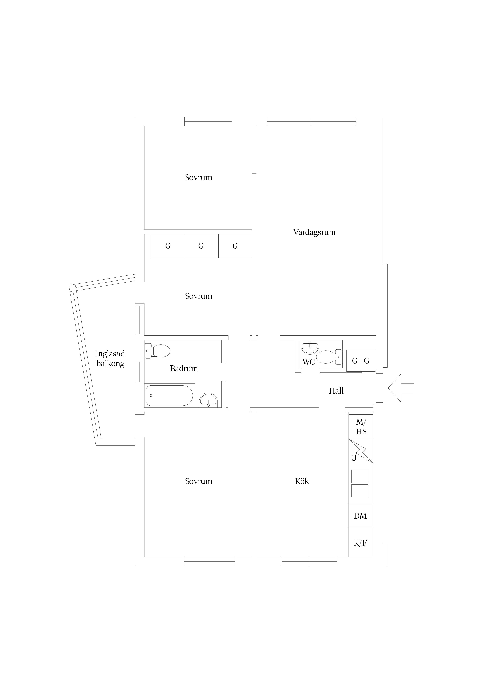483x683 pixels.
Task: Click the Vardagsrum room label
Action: coord(314,232)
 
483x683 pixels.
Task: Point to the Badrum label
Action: coord(184,369)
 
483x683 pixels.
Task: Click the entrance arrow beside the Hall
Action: coord(401,388)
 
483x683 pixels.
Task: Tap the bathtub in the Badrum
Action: coord(169,396)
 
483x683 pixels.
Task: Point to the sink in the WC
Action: coord(310,347)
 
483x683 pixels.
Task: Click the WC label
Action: coord(309,362)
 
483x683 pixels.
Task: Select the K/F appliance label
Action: coord(360,543)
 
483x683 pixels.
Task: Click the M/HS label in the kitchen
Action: coord(361,427)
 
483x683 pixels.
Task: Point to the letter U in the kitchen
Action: coord(353,458)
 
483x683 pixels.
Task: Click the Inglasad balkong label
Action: coord(110,358)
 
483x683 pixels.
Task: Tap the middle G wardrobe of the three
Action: coord(201,246)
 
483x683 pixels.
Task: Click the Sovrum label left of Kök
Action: coord(198,481)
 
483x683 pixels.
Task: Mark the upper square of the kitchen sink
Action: coord(360,476)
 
